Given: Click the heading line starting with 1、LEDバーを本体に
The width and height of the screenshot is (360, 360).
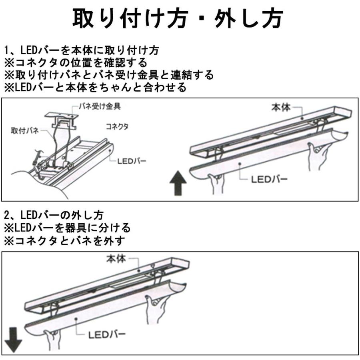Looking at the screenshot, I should (82, 51).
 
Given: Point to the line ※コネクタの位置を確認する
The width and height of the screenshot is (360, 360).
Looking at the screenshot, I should (75, 63).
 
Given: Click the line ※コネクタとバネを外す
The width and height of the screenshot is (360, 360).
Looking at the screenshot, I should (64, 241).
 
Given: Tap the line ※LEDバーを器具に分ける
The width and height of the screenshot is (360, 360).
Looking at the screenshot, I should (67, 228).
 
